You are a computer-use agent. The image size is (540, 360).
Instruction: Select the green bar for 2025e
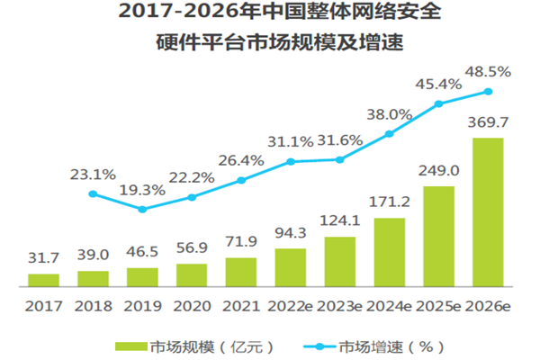pyautogui.click(x=439, y=235)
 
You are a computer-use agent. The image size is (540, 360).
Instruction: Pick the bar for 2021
pyautogui.click(x=241, y=271)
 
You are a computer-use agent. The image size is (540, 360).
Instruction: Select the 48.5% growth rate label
pyautogui.click(x=489, y=70)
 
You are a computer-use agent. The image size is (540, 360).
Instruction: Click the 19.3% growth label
pyautogui.click(x=141, y=191)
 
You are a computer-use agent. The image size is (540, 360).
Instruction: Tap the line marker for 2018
pyautogui.click(x=92, y=193)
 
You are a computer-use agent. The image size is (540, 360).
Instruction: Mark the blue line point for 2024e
pyautogui.click(x=390, y=134)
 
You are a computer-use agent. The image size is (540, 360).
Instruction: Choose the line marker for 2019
pyautogui.click(x=141, y=209)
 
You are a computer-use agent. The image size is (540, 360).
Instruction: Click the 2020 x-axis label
pyautogui.click(x=191, y=306)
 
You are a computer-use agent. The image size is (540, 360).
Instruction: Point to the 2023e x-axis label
pyautogui.click(x=340, y=306)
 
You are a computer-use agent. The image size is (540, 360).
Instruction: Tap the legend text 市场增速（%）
pyautogui.click(x=391, y=345)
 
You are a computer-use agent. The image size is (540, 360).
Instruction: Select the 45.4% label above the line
pyautogui.click(x=439, y=84)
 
